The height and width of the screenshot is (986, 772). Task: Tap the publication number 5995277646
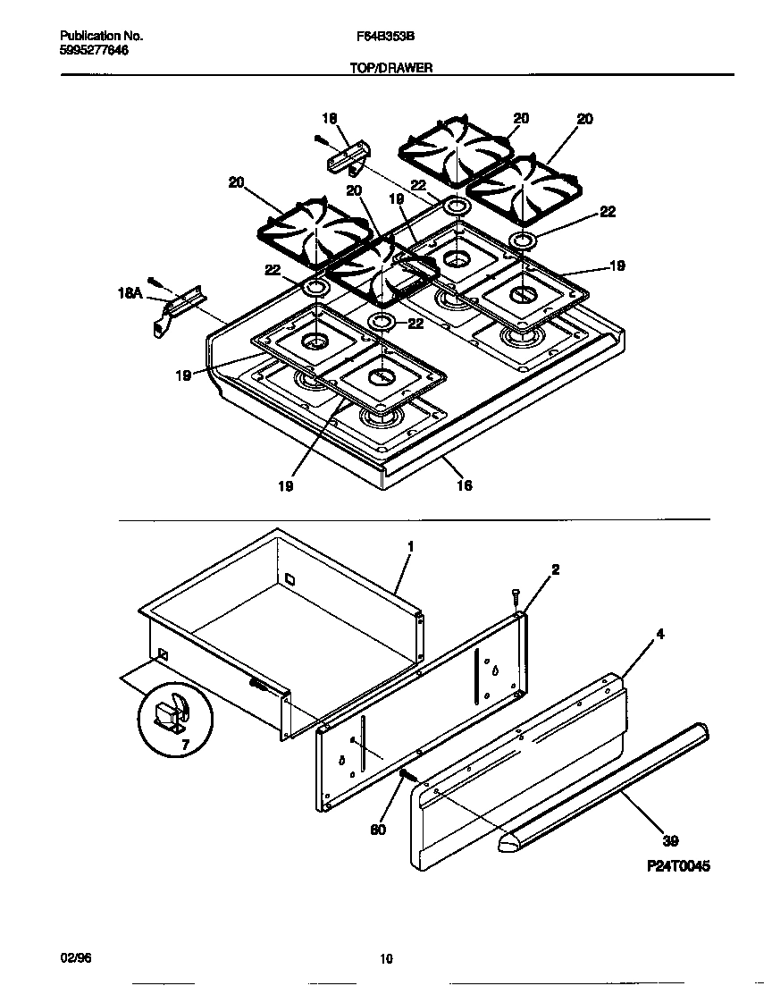pos(94,50)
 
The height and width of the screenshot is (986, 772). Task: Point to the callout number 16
pos(464,485)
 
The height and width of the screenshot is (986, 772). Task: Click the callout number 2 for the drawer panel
pos(555,569)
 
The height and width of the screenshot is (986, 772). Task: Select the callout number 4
pos(659,635)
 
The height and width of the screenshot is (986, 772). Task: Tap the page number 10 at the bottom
pos(386,960)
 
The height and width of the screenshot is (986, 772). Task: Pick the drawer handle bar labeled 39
pos(608,787)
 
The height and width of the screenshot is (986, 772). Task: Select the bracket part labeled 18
pos(345,159)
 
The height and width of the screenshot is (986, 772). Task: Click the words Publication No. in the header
pos(102,37)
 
